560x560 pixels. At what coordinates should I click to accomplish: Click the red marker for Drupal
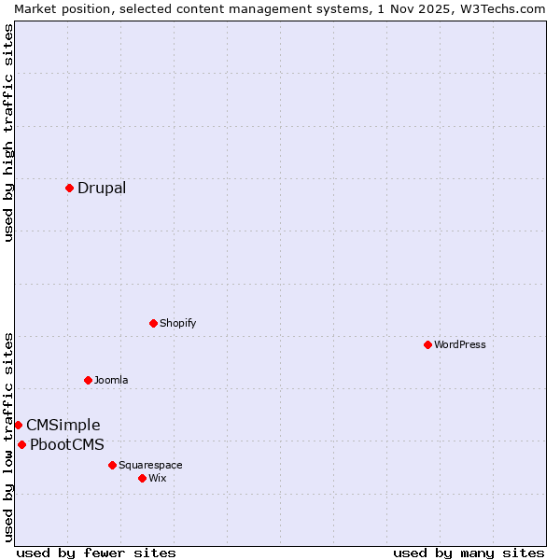[69, 188]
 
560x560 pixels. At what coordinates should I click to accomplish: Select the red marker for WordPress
[427, 344]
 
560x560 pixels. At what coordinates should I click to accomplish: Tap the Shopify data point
[153, 323]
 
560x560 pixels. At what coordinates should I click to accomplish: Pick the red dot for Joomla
[88, 380]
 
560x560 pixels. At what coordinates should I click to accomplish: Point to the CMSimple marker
[18, 425]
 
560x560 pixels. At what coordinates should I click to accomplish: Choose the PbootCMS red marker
[21, 444]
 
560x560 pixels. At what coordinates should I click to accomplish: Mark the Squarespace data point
[112, 465]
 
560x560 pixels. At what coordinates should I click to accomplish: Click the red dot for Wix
[142, 478]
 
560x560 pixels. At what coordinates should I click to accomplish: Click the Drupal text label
[102, 188]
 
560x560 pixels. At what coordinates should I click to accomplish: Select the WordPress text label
[460, 344]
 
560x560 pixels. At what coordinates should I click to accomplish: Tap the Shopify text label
[177, 323]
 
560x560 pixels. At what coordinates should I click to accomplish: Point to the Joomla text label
[111, 380]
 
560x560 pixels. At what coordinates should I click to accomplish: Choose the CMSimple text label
[63, 425]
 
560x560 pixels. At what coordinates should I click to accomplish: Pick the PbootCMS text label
[67, 444]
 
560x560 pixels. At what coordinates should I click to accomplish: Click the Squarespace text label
[150, 465]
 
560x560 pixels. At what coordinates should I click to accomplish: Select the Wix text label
[158, 478]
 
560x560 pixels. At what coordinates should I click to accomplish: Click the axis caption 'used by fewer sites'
[96, 553]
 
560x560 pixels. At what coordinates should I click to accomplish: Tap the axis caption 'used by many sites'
[469, 553]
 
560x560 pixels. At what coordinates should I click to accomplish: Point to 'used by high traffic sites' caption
[8, 133]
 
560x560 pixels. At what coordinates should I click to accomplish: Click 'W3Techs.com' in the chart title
[502, 8]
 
